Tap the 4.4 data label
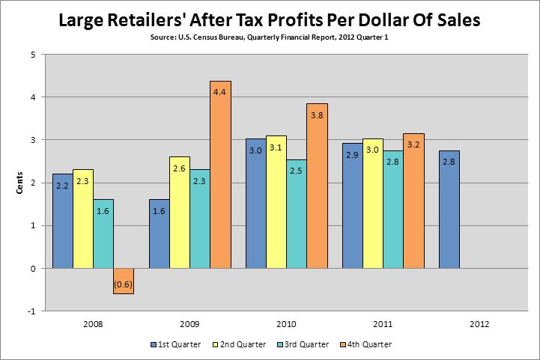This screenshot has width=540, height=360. tap(220, 93)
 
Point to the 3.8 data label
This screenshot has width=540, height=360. tap(317, 115)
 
